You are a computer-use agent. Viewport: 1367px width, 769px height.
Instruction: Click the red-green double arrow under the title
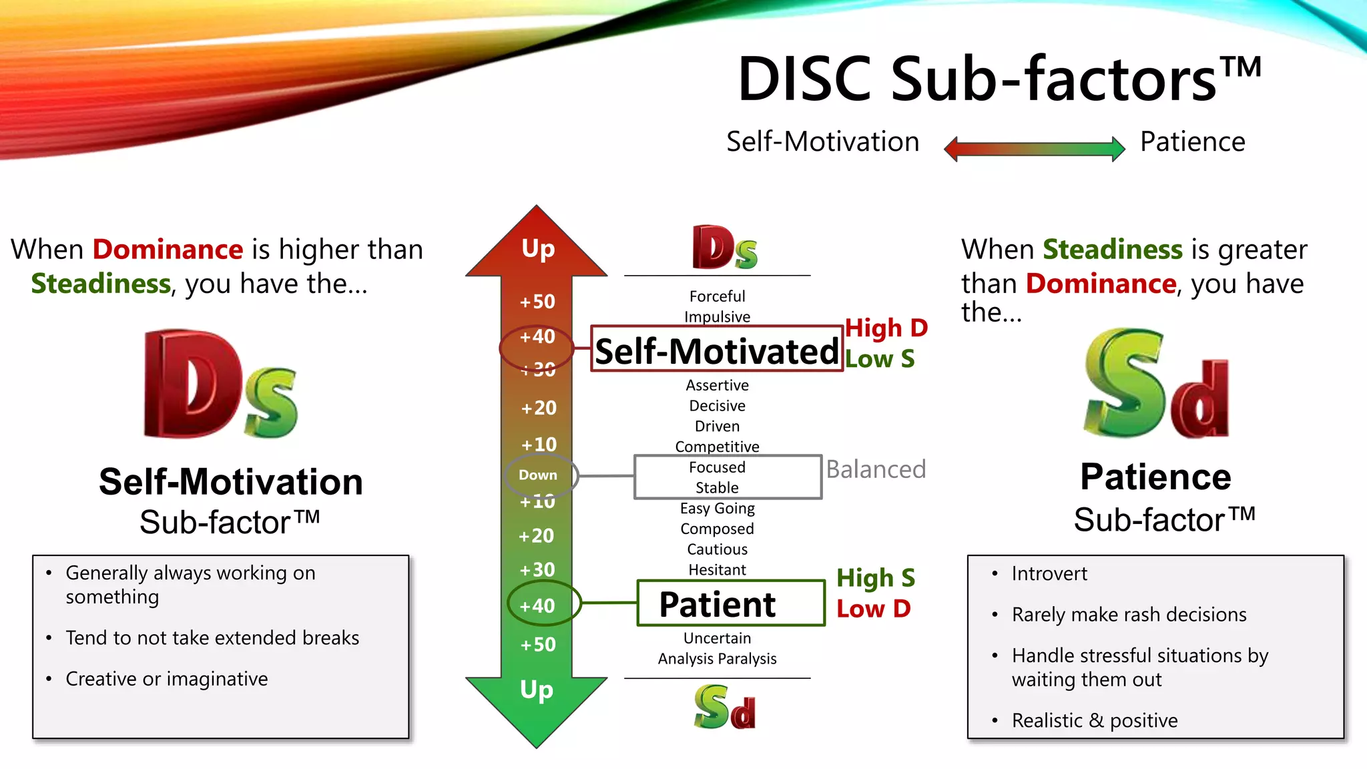pyautogui.click(x=1034, y=148)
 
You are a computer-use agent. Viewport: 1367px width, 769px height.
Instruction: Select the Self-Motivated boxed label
pyautogui.click(x=717, y=350)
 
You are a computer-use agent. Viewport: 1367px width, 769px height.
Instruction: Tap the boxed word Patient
pyautogui.click(x=718, y=604)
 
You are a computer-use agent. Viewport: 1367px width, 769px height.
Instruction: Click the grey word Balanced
pyautogui.click(x=876, y=469)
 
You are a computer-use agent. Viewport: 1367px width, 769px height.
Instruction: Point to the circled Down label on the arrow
pyautogui.click(x=538, y=475)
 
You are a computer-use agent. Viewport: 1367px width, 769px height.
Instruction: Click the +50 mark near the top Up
pyautogui.click(x=538, y=302)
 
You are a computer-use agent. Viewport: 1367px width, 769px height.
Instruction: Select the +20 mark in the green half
pyautogui.click(x=537, y=536)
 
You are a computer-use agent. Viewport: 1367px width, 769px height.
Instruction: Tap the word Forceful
pyautogui.click(x=717, y=296)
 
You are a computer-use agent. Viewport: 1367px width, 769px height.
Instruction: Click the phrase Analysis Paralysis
pyautogui.click(x=717, y=659)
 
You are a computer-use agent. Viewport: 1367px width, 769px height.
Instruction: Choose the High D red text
pyautogui.click(x=886, y=328)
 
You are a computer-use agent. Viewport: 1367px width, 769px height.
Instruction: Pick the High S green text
pyautogui.click(x=875, y=577)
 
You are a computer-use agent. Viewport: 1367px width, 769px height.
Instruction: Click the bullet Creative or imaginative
pyautogui.click(x=167, y=679)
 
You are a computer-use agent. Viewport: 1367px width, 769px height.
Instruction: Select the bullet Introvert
pyautogui.click(x=1049, y=573)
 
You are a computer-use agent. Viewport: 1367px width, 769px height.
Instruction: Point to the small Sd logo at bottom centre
pyautogui.click(x=724, y=707)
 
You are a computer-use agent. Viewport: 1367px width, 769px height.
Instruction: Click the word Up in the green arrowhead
pyautogui.click(x=537, y=690)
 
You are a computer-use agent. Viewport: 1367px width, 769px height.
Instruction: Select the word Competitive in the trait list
pyautogui.click(x=717, y=447)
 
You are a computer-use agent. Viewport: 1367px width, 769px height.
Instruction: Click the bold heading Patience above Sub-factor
pyautogui.click(x=1155, y=477)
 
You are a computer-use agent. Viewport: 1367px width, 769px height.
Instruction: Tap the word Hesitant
pyautogui.click(x=717, y=570)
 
